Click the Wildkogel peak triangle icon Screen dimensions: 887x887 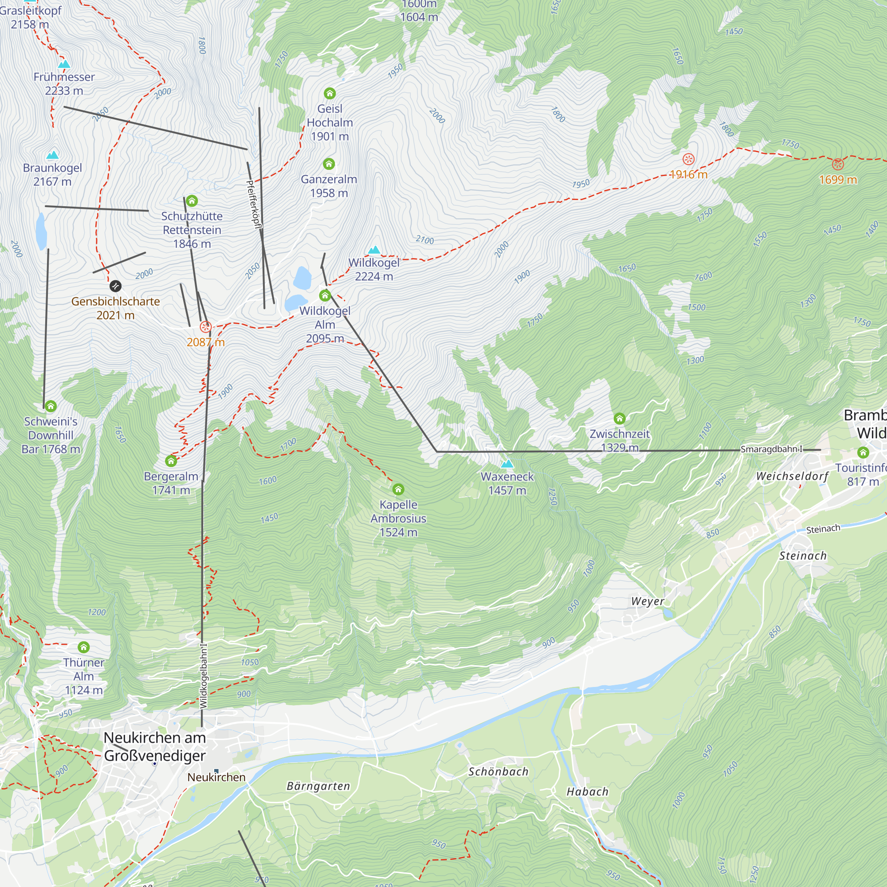[374, 250]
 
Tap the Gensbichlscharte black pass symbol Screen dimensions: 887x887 [115, 287]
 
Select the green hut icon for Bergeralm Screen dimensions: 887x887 [171, 460]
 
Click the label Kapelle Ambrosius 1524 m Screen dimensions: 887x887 [398, 518]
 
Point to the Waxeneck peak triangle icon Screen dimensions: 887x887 [507, 464]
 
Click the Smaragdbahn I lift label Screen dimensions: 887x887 [771, 449]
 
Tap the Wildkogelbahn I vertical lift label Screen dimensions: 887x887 [204, 675]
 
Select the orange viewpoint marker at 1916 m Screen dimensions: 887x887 [688, 159]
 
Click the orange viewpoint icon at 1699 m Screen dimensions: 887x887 [837, 165]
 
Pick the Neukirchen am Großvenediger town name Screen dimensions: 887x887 [155, 746]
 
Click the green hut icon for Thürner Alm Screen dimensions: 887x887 [83, 648]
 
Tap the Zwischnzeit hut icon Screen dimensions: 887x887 [619, 418]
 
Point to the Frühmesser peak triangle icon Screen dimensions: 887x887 [64, 64]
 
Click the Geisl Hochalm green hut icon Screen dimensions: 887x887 [330, 94]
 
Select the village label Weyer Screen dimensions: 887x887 [648, 601]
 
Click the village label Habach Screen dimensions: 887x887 [587, 792]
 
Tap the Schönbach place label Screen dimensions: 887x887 [498, 772]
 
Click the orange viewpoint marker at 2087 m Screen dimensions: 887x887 [205, 327]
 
